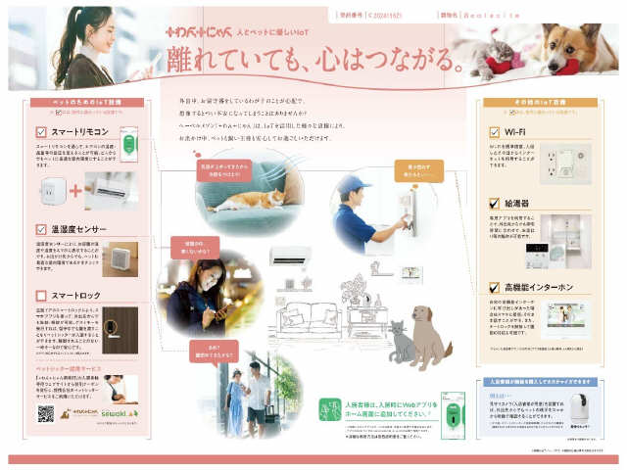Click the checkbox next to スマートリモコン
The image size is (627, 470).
pyautogui.click(x=41, y=130)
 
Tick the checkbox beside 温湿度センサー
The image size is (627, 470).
pyautogui.click(x=41, y=229)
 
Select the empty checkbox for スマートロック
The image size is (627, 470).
pyautogui.click(x=41, y=295)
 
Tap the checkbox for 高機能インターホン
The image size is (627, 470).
pyautogui.click(x=496, y=287)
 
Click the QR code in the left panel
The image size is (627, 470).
pyautogui.click(x=45, y=413)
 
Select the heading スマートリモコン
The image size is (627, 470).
pyautogui.click(x=78, y=130)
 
